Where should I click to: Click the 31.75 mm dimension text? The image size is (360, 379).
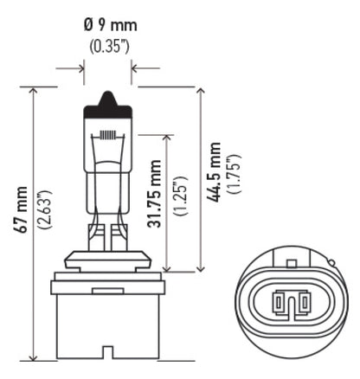pyautogui.click(x=157, y=198)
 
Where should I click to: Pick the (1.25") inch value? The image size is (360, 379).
pyautogui.click(x=180, y=198)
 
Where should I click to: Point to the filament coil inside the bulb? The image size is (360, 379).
pyautogui.click(x=107, y=136)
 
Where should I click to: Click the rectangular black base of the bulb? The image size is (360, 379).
pyautogui.click(x=107, y=320)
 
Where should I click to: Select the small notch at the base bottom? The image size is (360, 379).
pyautogui.click(x=107, y=352)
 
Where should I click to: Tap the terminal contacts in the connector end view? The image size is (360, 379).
pyautogui.click(x=290, y=304)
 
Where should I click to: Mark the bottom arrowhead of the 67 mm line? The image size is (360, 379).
pyautogui.click(x=33, y=356)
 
